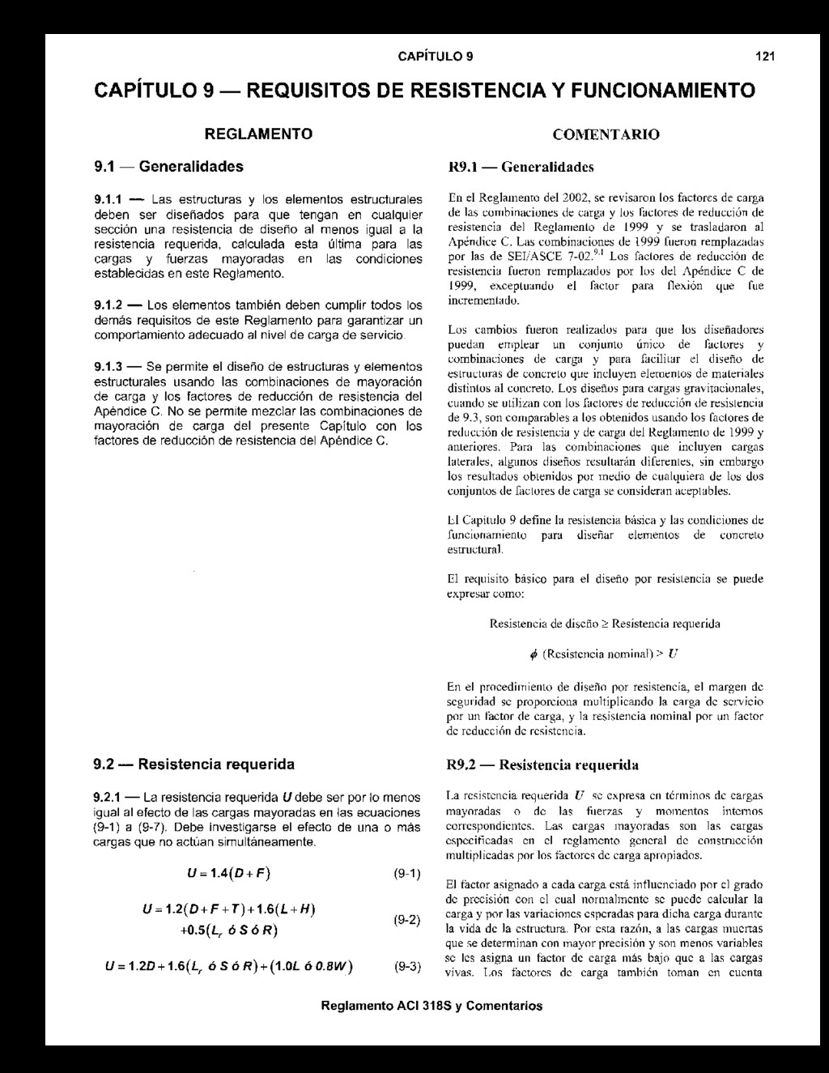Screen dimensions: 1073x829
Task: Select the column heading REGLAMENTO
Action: (257, 133)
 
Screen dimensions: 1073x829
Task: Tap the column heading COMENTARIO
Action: (606, 134)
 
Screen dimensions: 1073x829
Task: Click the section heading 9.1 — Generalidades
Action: (168, 167)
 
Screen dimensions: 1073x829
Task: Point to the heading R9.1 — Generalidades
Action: (521, 167)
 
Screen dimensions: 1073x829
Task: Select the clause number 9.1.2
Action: (108, 305)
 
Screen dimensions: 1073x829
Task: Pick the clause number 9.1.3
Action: (108, 367)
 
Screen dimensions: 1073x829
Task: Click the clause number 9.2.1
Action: (108, 798)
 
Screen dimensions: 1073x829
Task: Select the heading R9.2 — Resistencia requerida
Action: (542, 764)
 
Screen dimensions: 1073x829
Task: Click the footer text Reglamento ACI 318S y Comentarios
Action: (432, 1006)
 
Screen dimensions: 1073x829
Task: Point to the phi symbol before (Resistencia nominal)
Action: (533, 653)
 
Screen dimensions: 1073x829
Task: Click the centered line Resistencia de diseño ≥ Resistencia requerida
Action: (605, 624)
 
